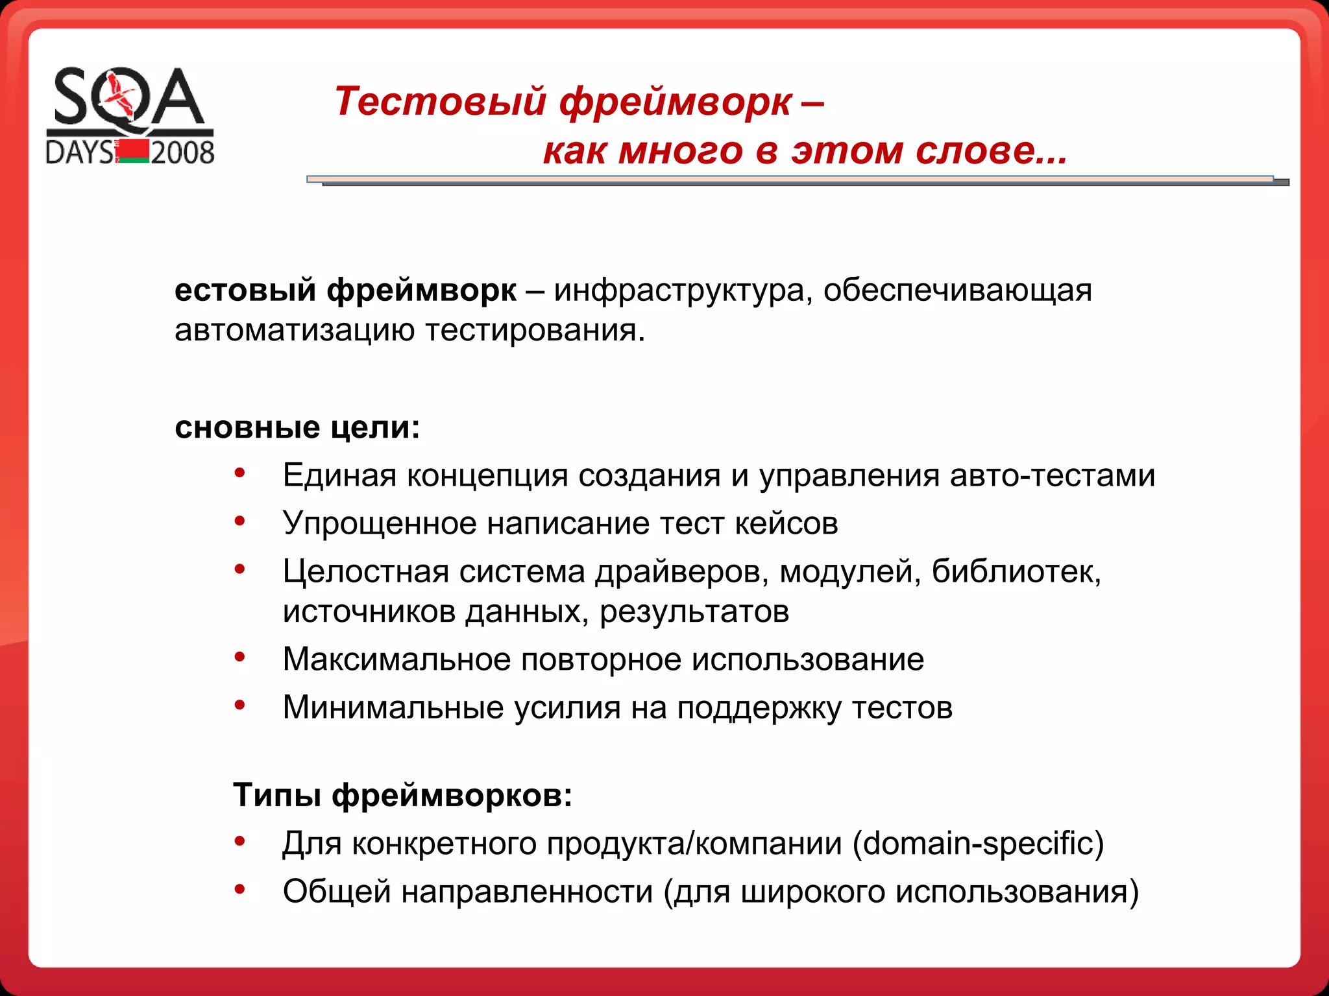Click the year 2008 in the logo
[x=182, y=153]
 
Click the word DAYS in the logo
[x=80, y=153]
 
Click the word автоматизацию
[x=295, y=330]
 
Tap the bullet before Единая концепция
[x=240, y=473]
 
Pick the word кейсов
[x=786, y=523]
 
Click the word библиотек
[x=1016, y=571]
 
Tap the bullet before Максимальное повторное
[x=240, y=657]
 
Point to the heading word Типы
[x=277, y=795]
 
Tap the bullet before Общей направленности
[x=240, y=889]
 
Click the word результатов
[x=694, y=611]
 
